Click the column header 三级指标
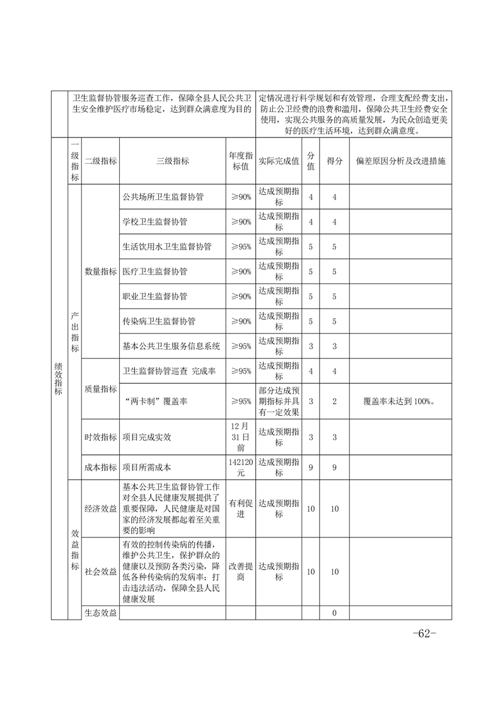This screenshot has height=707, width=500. [172, 161]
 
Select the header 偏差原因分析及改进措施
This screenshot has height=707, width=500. [400, 161]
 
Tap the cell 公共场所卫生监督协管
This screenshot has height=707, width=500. [163, 197]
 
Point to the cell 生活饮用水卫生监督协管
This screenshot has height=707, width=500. [167, 246]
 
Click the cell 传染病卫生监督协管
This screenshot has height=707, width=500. [159, 321]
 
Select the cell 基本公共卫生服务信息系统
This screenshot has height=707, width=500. [171, 346]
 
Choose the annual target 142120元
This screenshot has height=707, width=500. [240, 468]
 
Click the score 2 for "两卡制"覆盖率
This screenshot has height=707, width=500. [335, 401]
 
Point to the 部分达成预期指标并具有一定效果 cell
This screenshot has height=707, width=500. [279, 401]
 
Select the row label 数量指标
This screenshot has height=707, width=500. [100, 272]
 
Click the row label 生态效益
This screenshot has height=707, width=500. [100, 612]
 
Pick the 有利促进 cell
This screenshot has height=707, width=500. [240, 509]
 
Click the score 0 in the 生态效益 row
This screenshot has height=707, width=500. [335, 612]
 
